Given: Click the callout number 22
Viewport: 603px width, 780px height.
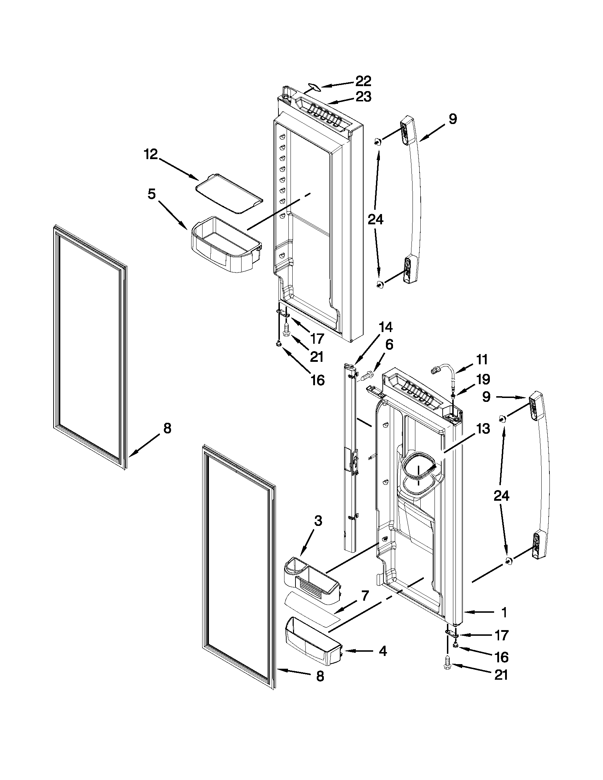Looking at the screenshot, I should [x=363, y=82].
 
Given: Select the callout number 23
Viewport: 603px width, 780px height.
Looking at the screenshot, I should [x=363, y=97].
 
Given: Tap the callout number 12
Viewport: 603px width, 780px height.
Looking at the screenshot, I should [x=151, y=155].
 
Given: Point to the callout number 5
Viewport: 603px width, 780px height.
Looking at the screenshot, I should [x=151, y=194].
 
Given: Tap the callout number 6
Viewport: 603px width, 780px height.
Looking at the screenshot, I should [x=389, y=345].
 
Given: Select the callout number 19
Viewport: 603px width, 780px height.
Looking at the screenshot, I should [x=483, y=380].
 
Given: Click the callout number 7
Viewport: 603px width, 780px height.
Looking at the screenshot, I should [x=365, y=595].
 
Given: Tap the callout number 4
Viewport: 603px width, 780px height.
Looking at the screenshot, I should [x=382, y=651].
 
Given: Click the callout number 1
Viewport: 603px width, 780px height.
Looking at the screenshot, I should [x=504, y=612].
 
